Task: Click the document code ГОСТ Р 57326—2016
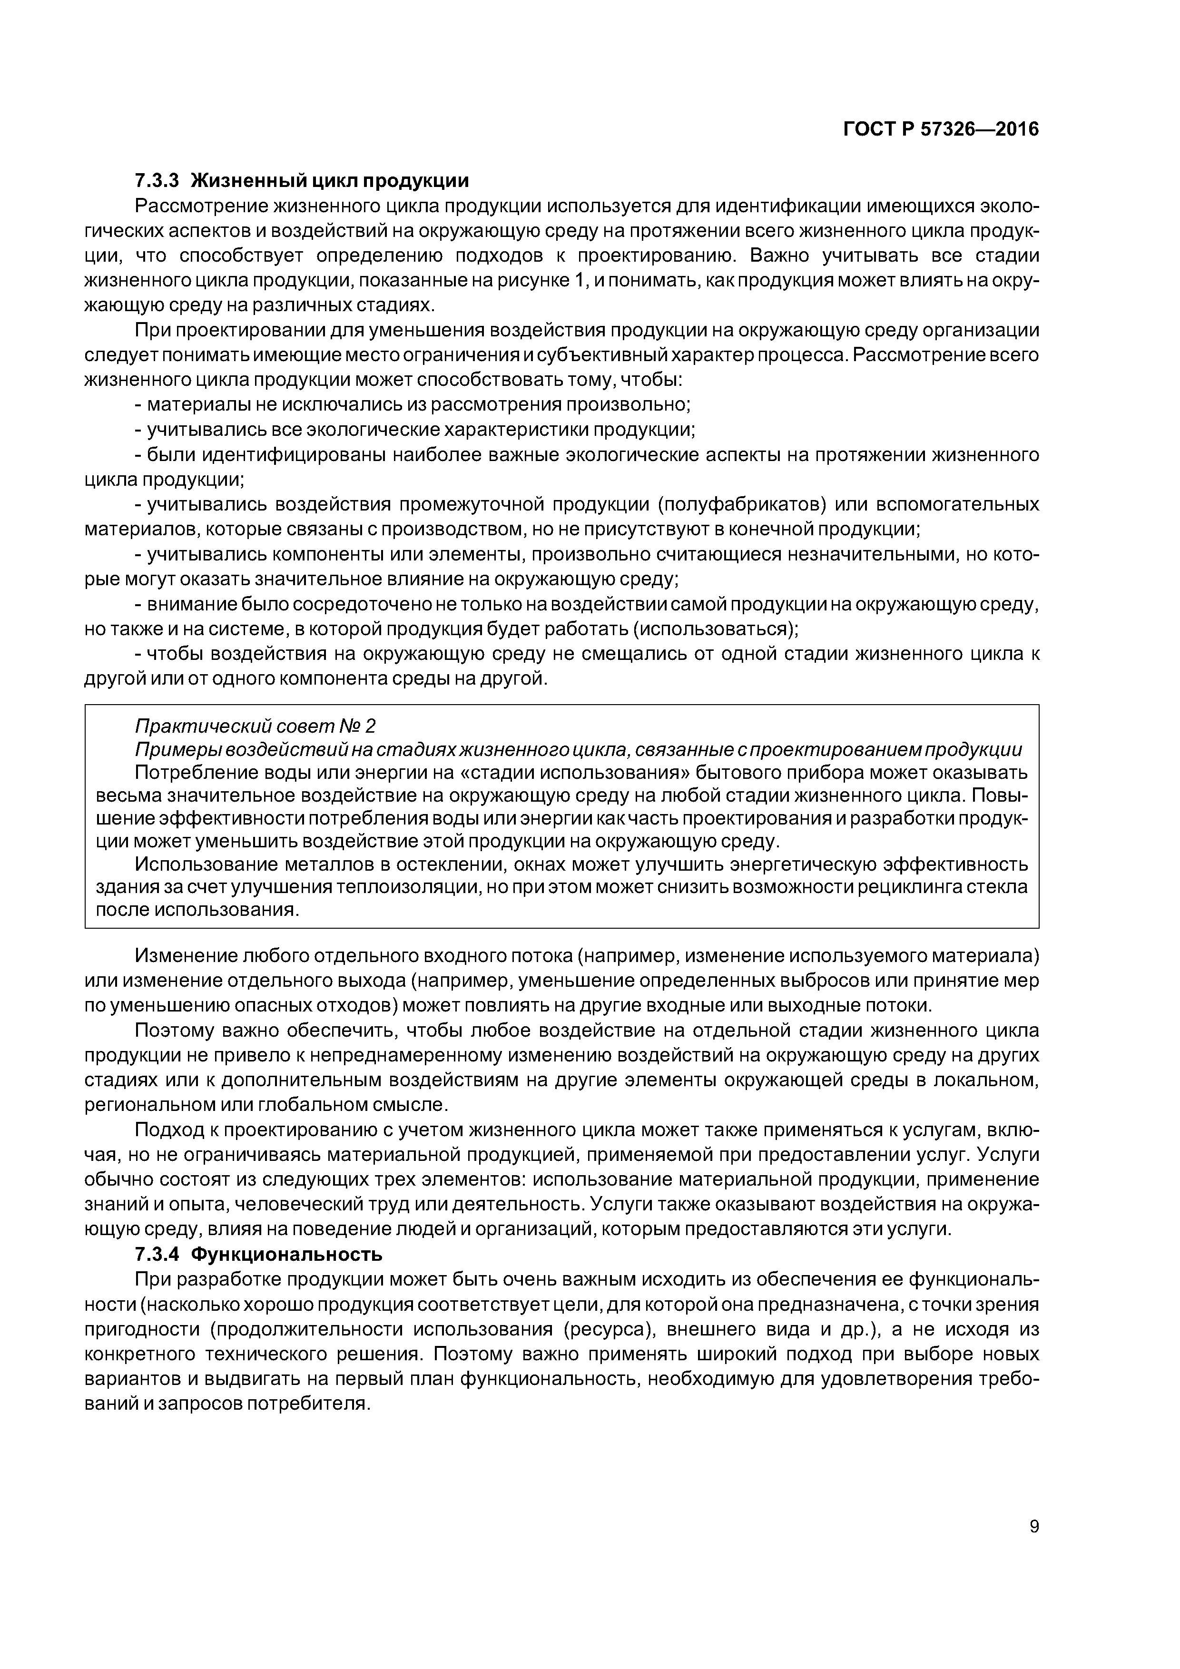pyautogui.click(x=941, y=129)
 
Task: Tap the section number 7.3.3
pyautogui.click(x=157, y=180)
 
